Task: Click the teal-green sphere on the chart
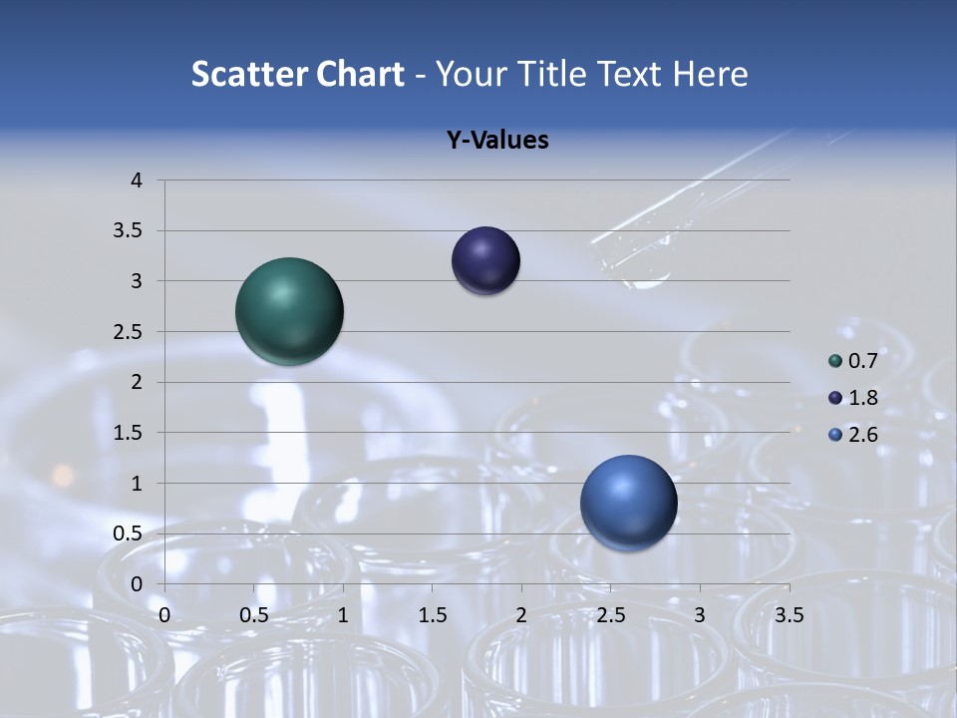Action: [289, 311]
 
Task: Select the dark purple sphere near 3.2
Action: [485, 261]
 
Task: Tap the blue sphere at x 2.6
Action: [628, 503]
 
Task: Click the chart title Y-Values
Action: [496, 141]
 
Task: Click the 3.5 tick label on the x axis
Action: [789, 615]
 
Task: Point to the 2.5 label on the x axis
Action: [610, 615]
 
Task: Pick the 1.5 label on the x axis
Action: [432, 615]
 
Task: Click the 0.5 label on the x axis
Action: [253, 615]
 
